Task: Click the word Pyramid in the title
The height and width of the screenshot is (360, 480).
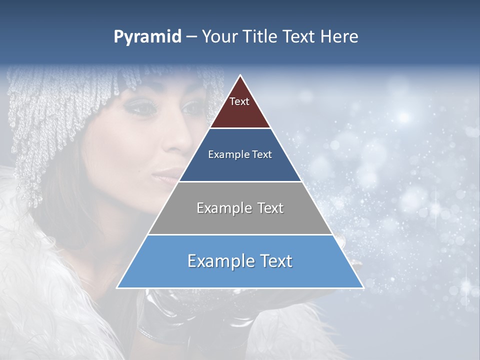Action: coord(147,37)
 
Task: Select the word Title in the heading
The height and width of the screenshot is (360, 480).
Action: coord(262,37)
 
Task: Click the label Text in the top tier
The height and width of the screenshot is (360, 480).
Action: coord(239,101)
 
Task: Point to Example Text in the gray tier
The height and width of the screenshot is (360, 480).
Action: coord(240,208)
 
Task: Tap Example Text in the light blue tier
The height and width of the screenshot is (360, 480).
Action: coord(240,261)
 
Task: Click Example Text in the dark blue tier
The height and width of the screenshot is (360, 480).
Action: coord(240,154)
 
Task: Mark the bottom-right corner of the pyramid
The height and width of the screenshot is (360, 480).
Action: coord(363,287)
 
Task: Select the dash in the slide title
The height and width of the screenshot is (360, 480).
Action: coord(191,37)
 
